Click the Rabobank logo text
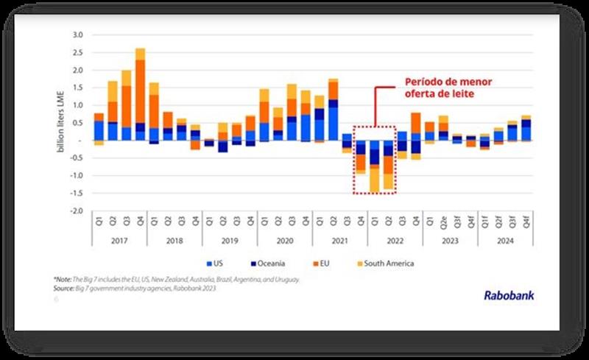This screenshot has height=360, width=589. [509, 295]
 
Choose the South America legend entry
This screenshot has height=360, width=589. [387, 263]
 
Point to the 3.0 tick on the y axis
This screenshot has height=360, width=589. [79, 35]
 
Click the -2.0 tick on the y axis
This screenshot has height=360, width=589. [77, 211]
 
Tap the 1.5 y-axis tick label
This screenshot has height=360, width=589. [79, 88]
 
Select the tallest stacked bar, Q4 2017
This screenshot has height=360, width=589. [140, 94]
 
